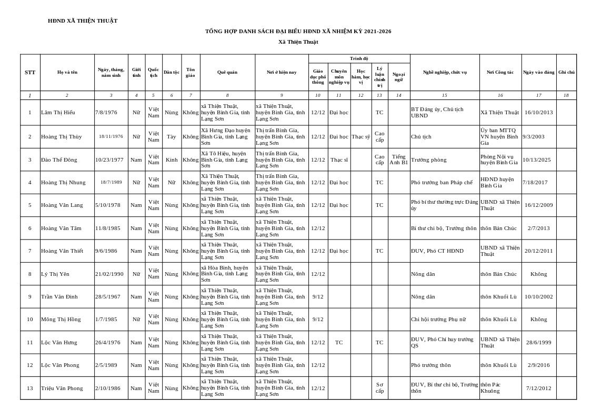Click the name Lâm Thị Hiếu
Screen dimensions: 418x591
58,113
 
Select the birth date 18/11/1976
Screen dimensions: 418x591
111,136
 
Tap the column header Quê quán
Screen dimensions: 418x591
227,73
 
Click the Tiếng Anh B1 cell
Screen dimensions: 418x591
398,160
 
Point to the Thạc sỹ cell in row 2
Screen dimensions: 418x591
360,137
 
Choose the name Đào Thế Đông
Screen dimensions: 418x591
59,160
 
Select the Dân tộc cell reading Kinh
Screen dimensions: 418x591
172,160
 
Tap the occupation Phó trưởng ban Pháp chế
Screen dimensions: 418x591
442,183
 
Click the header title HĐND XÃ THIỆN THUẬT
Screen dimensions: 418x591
83,21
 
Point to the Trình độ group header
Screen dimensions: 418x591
359,58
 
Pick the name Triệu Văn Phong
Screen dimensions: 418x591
62,389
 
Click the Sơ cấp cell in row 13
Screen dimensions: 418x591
379,388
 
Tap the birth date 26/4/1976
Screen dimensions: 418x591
108,343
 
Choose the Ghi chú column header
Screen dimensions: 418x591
566,72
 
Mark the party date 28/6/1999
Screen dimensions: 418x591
538,343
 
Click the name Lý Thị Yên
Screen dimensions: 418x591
55,274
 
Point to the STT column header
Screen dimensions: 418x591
30,73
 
